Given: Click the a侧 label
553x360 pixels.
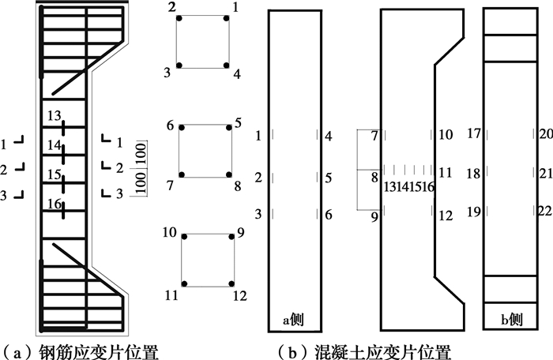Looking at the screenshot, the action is [293, 320].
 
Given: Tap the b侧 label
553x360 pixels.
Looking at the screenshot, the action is [511, 320].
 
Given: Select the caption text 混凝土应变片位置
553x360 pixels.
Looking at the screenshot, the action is [382, 352].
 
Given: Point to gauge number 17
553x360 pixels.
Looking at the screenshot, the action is [474, 133].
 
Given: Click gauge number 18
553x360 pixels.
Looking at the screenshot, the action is [474, 174].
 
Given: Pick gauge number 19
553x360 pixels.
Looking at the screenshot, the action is [474, 212].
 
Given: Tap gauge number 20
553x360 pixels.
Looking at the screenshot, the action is [546, 133].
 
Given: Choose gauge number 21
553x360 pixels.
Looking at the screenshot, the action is [546, 174].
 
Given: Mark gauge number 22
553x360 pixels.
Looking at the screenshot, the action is [546, 211].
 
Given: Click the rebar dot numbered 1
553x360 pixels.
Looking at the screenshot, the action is [227, 18].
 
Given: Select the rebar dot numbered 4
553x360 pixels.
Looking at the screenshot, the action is [227, 66].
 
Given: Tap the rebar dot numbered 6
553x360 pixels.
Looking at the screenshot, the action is [182, 128].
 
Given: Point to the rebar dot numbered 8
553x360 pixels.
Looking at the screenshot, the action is [229, 174].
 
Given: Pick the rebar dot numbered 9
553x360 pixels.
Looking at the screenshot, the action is [231, 237].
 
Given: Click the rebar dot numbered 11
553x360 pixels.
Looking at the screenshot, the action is [184, 284].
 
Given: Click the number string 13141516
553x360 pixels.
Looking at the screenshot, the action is [408, 186].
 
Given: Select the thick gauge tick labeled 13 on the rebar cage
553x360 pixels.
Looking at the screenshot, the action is [63, 128].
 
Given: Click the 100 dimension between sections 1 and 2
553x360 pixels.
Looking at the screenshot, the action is [141, 153].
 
